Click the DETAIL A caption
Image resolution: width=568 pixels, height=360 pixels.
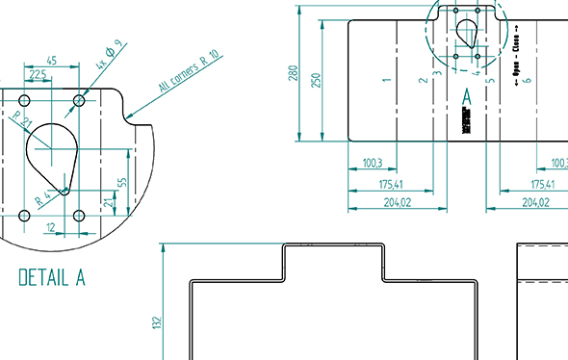pyautogui.click(x=52, y=278)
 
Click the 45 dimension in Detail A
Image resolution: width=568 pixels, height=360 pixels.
pyautogui.click(x=51, y=61)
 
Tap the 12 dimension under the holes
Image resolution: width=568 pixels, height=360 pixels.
pyautogui.click(x=51, y=228)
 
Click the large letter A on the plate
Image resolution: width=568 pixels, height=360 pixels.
pyautogui.click(x=467, y=97)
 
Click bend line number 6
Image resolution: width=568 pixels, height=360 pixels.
pyautogui.click(x=529, y=81)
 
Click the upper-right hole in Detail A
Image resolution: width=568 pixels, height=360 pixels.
pyautogui.click(x=80, y=100)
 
